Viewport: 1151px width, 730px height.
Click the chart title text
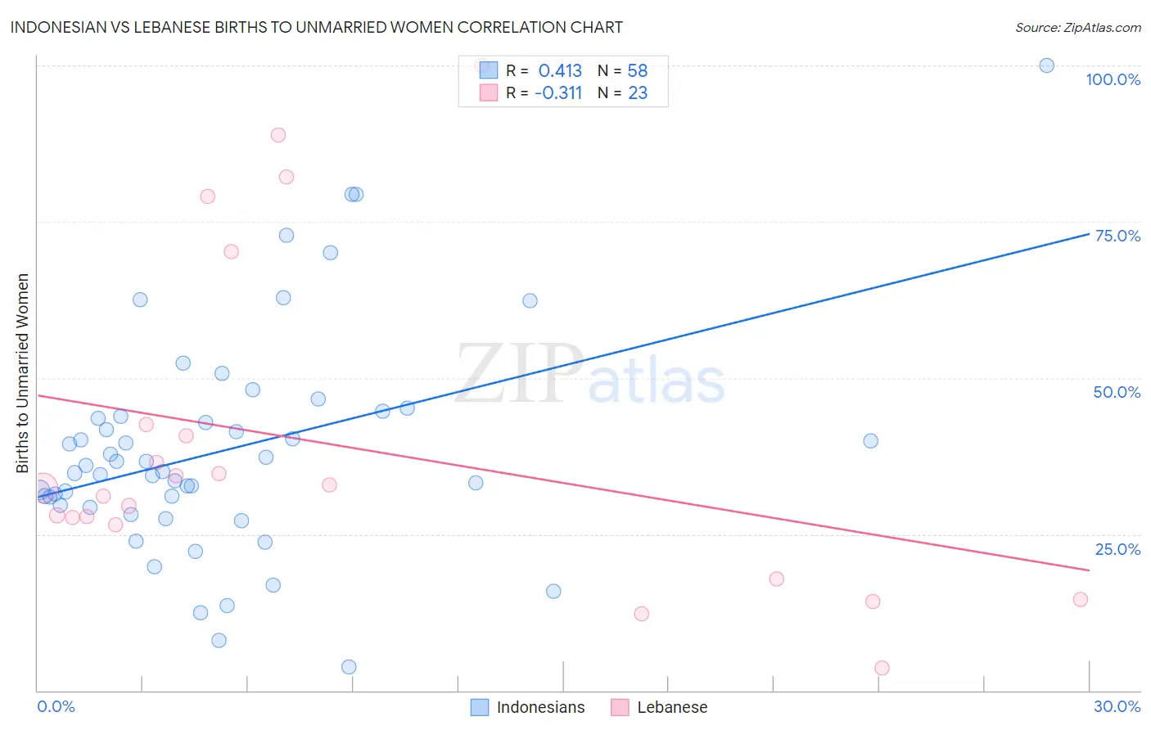[x=316, y=27]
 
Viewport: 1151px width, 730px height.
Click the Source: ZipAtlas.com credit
[x=1077, y=27]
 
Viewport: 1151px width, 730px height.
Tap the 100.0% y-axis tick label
[x=1113, y=79]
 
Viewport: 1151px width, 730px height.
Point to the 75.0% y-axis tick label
[x=1117, y=236]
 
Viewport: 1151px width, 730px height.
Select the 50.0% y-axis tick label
[x=1117, y=392]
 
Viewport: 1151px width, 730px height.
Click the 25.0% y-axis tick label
[x=1117, y=549]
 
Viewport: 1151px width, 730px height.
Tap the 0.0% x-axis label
[x=56, y=706]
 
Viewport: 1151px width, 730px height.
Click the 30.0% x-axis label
[x=1117, y=706]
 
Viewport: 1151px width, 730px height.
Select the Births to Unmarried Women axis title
[x=23, y=373]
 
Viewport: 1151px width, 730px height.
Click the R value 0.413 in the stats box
[x=560, y=71]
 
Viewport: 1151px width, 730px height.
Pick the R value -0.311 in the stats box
[x=557, y=93]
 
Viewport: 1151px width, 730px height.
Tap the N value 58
[x=638, y=71]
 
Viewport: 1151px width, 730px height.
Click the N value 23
[x=638, y=93]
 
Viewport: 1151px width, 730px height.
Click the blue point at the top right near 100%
[x=1046, y=65]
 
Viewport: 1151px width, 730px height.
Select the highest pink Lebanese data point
[x=278, y=135]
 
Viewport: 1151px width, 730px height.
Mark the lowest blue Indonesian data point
[x=349, y=667]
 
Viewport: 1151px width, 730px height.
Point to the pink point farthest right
[x=1080, y=599]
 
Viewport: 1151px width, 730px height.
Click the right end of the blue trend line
[x=1089, y=234]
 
